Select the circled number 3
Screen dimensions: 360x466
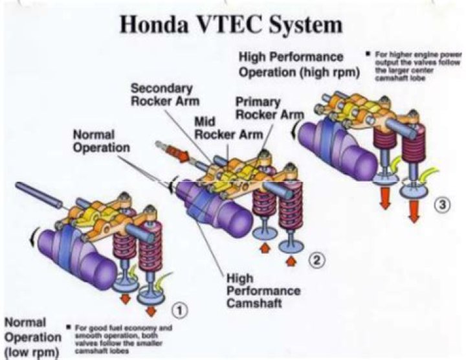[442, 206]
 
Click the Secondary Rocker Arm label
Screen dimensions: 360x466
[164, 94]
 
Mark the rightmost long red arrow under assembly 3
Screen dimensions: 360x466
[414, 210]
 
